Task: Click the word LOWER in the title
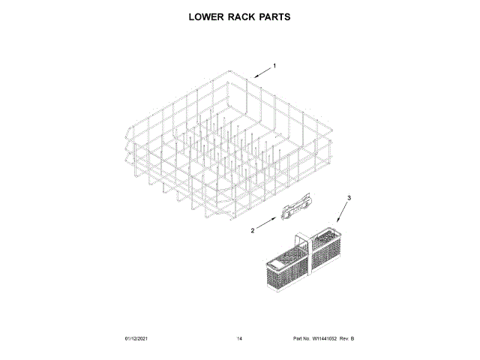point(204,16)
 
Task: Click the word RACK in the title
point(241,16)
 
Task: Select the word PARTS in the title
point(274,16)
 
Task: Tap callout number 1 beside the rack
point(274,66)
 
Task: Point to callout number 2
point(252,230)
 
